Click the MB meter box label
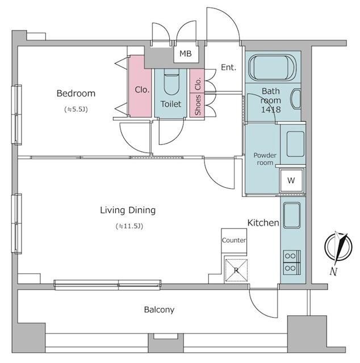point(186,54)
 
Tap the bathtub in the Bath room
point(272,68)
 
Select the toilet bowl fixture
point(171,82)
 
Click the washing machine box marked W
point(291,180)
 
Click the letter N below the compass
point(333,271)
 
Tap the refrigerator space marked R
point(236,270)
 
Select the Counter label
point(234,240)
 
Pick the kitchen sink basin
point(292,216)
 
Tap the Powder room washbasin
point(295,144)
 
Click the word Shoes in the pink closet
point(198,105)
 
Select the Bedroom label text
point(76,93)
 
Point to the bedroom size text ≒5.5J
point(76,109)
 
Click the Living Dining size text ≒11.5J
point(129,226)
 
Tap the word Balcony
point(159,310)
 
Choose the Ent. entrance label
point(228,67)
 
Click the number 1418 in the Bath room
point(271,109)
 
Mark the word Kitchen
point(263,223)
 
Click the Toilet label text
point(171,104)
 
